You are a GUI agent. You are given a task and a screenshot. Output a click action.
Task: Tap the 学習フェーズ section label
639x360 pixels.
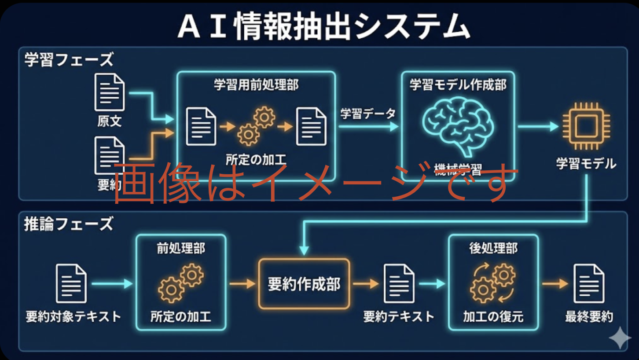[x=69, y=59]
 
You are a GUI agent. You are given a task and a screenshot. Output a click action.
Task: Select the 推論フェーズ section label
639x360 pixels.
[x=69, y=224]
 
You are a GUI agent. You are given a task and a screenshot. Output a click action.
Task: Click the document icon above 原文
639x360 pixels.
[x=110, y=92]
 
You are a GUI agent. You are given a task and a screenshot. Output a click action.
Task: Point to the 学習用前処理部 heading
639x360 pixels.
[x=256, y=84]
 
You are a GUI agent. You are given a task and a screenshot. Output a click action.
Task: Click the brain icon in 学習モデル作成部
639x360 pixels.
[x=458, y=126]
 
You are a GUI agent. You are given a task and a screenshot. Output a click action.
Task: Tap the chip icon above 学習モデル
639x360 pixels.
[x=586, y=127]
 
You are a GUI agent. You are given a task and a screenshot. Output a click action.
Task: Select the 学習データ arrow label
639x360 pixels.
[x=368, y=114]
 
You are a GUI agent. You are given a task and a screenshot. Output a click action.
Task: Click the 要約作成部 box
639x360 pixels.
[x=304, y=284]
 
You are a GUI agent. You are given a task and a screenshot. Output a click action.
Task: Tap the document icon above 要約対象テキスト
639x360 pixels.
[x=71, y=284]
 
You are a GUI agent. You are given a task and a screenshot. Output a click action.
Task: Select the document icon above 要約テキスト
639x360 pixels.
[x=399, y=284]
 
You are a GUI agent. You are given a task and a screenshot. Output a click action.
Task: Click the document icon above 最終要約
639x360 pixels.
[x=589, y=284]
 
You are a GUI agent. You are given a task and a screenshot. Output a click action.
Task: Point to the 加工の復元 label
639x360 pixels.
[x=493, y=316]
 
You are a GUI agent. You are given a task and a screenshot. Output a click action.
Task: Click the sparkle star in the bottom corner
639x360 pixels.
[x=620, y=338]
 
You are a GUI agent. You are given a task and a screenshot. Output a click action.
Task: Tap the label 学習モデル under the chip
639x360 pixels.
[x=586, y=164]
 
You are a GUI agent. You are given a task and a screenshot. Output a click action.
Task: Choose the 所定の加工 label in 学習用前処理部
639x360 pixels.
[x=256, y=159]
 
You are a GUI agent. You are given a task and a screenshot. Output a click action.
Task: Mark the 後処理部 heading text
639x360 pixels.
[x=493, y=248]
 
